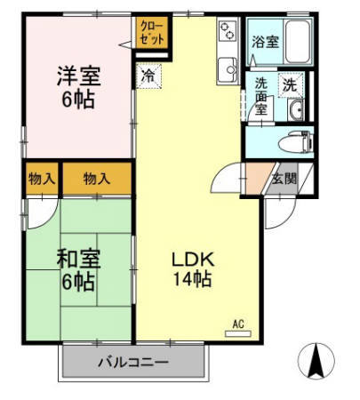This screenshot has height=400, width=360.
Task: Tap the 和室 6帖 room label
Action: [79, 270]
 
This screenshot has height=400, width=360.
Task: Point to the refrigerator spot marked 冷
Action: [148, 76]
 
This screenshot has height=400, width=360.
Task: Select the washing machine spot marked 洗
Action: [289, 85]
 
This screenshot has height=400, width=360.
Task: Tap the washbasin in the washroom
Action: [297, 110]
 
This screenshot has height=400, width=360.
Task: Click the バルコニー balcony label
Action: [132, 363]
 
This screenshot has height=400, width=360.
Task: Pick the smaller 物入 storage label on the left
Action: [42, 179]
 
